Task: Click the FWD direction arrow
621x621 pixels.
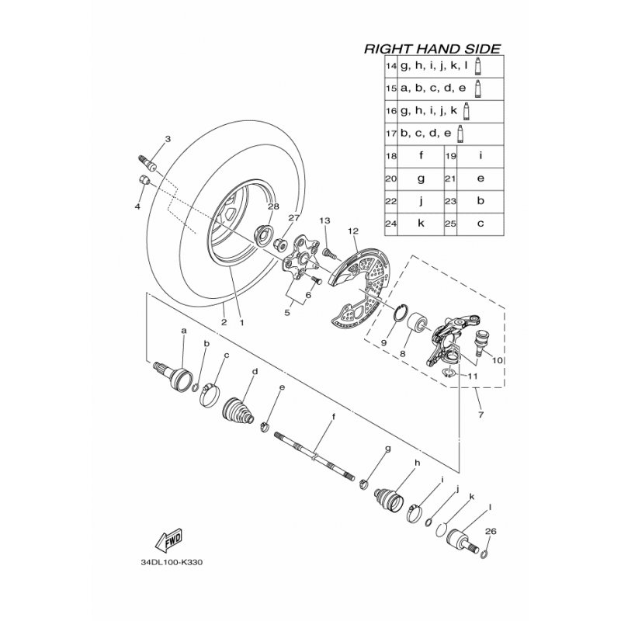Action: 169,540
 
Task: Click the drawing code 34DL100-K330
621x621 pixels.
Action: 172,562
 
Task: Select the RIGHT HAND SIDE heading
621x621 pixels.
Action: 432,49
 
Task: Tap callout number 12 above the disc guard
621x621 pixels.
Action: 353,230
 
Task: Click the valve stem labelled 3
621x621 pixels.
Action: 147,163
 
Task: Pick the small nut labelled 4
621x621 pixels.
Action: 144,180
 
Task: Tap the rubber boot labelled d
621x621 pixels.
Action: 238,408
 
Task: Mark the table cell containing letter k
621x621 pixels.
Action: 421,224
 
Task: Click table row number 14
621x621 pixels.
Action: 391,66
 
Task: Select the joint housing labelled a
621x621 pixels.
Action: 173,376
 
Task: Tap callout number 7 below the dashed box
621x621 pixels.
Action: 480,415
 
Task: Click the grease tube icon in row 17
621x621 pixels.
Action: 460,134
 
